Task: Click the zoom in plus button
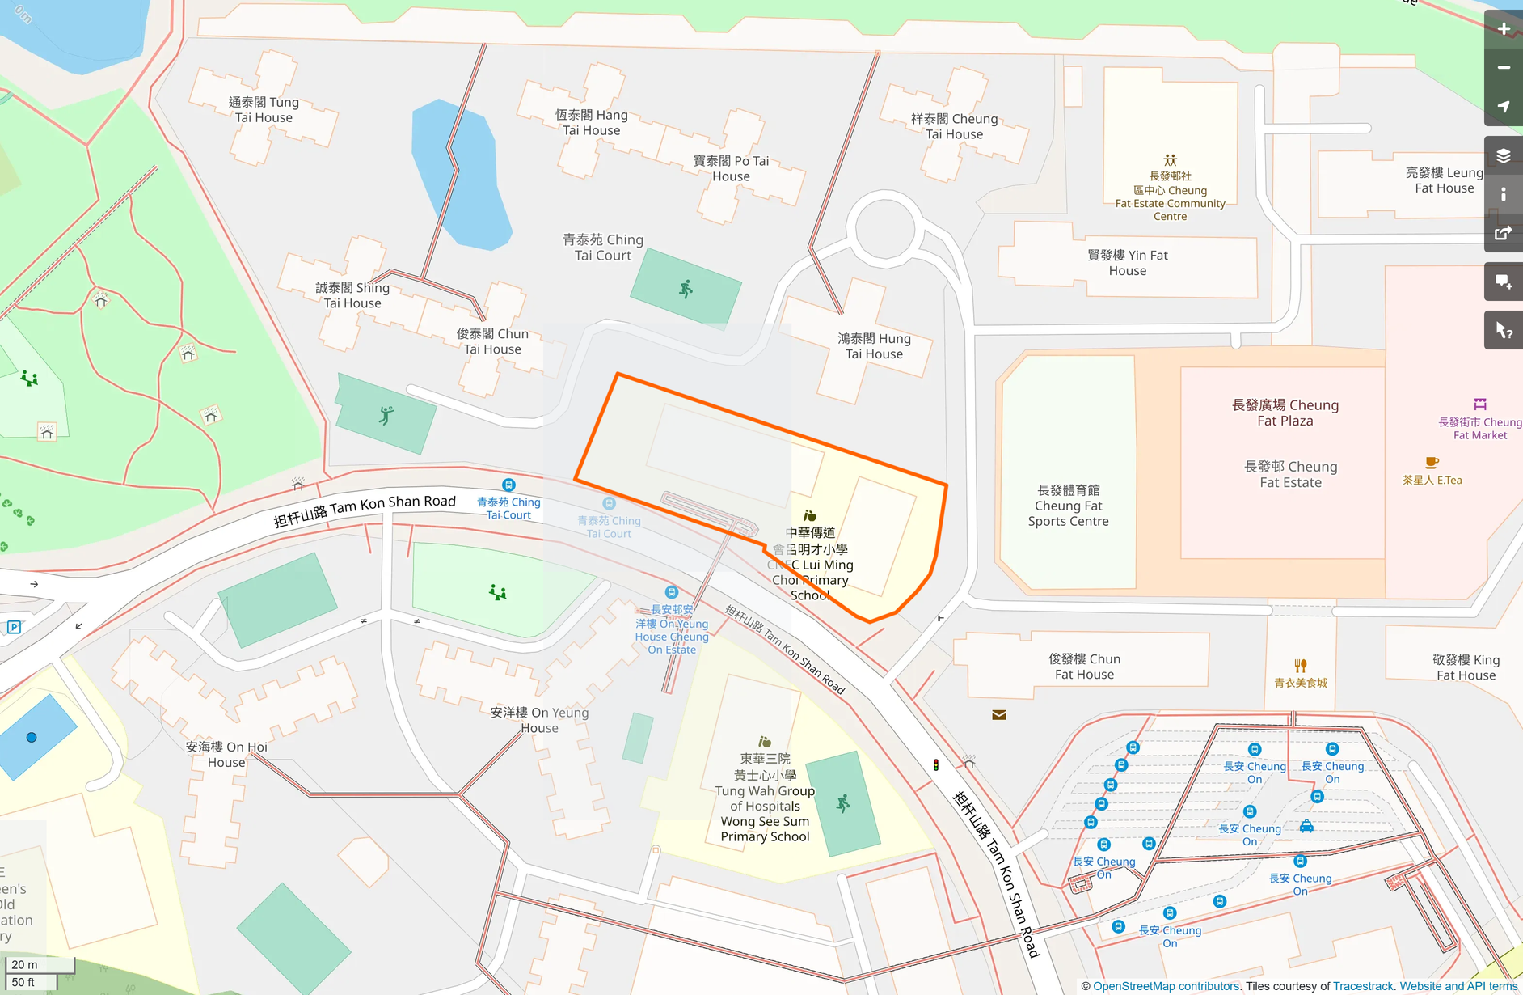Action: coord(1503,29)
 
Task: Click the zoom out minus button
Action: coord(1503,68)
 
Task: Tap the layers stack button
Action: coord(1503,156)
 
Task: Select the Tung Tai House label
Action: coord(264,110)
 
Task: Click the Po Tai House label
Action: coord(731,168)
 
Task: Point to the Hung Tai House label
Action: coord(874,346)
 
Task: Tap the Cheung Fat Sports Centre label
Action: coord(1068,506)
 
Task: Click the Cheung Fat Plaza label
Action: coord(1285,413)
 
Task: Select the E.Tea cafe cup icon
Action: coord(1431,463)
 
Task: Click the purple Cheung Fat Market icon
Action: coord(1479,404)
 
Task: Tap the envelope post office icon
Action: coord(999,715)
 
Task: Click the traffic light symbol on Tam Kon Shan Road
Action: coord(936,764)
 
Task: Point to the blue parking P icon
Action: coord(14,627)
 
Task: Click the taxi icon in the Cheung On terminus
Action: coord(1306,826)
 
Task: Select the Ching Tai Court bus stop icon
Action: coord(508,485)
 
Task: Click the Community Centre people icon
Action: coord(1170,160)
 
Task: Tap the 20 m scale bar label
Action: coord(25,964)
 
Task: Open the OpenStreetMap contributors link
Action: coord(1166,986)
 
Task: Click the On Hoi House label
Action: coord(226,755)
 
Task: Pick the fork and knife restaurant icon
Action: coord(1300,666)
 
